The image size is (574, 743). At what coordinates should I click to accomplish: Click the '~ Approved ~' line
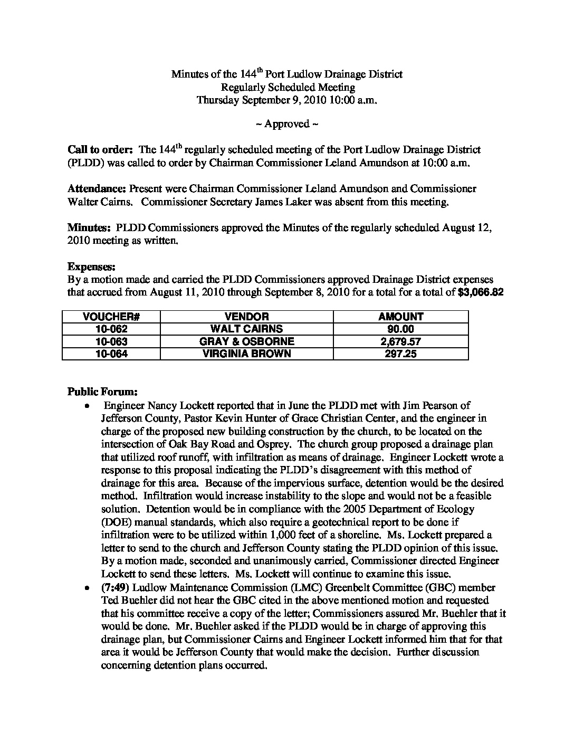click(286, 124)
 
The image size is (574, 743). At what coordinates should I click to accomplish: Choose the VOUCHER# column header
click(111, 317)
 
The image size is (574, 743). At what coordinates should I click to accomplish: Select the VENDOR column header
click(246, 317)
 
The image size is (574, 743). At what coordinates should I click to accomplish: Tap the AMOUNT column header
click(400, 317)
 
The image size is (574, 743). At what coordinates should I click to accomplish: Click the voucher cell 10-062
click(111, 329)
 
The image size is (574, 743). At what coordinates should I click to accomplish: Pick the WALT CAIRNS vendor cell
click(246, 329)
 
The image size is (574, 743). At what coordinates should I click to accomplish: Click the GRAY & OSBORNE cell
click(246, 341)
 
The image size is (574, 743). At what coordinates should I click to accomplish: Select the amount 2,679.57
click(400, 341)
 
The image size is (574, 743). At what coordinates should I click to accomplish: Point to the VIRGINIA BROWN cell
click(246, 354)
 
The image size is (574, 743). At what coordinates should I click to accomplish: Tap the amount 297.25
click(400, 354)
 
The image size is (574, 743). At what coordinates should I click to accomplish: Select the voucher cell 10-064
click(111, 354)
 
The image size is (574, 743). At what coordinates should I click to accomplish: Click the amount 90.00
click(400, 329)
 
